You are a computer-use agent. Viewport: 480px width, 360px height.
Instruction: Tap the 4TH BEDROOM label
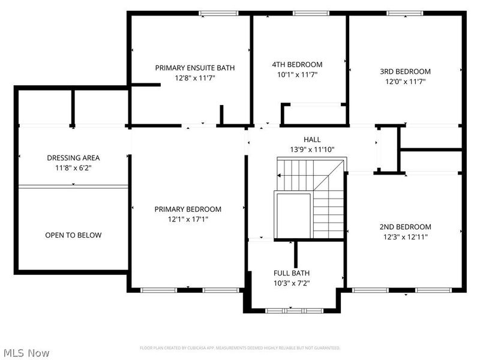coord(297,64)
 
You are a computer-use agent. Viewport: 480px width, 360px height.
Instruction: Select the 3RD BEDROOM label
coord(405,71)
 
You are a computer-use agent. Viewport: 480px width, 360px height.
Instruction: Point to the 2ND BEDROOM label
coord(405,227)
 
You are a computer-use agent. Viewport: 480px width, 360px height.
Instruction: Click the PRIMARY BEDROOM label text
coord(188,209)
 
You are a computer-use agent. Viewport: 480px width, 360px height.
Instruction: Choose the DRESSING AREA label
coord(73,158)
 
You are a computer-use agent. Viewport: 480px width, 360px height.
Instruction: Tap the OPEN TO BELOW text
coord(73,235)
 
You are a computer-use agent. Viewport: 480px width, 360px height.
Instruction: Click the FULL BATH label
coord(292,272)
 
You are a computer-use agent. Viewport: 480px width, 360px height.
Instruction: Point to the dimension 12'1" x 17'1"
coord(188,219)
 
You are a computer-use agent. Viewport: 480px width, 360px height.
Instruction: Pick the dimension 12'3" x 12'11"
coord(405,237)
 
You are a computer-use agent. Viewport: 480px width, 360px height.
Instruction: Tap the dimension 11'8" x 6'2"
coord(73,168)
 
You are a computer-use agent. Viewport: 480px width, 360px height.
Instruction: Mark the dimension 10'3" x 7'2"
coord(292,283)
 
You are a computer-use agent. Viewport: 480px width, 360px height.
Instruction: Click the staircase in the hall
coord(310,197)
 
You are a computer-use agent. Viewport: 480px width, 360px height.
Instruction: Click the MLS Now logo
coord(26,353)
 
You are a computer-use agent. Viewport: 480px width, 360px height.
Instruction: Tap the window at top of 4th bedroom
coord(310,13)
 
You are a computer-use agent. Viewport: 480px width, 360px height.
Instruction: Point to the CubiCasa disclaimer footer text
coord(240,348)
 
